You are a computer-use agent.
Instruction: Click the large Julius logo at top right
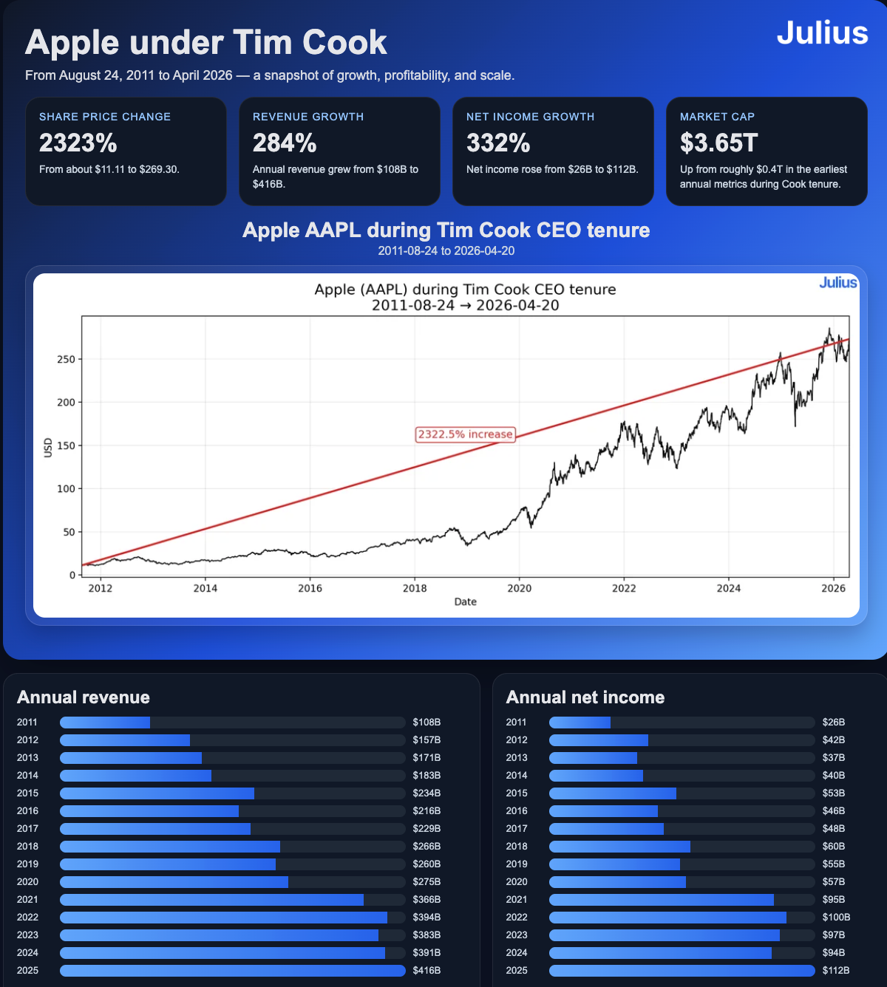(822, 33)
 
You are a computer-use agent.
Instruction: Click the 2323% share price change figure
(78, 143)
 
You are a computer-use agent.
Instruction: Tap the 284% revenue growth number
(285, 143)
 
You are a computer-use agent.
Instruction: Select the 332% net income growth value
(498, 143)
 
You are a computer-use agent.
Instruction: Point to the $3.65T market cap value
(718, 143)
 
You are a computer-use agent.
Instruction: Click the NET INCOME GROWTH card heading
(530, 117)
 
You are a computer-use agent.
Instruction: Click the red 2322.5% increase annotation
(465, 434)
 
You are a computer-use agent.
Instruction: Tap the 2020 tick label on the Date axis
(519, 588)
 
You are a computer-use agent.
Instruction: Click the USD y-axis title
(48, 448)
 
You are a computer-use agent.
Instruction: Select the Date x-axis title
(465, 602)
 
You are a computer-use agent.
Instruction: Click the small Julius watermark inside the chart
(837, 283)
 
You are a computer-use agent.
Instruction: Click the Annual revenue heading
(84, 697)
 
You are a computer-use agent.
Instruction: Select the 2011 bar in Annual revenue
(105, 723)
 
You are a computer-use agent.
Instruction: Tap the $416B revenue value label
(426, 971)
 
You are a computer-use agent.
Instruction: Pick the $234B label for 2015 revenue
(426, 793)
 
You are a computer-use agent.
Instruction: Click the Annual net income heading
(585, 697)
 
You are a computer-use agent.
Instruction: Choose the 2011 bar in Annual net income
(580, 723)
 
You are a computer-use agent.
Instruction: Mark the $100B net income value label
(836, 918)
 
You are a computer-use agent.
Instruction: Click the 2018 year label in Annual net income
(517, 847)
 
